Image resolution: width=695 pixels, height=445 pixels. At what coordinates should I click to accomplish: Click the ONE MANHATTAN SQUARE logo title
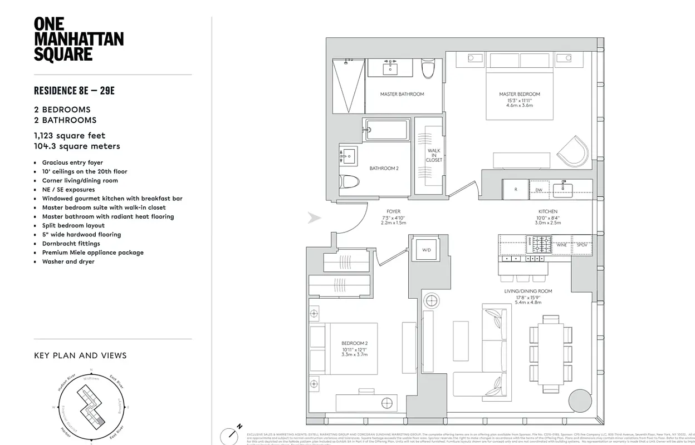tap(79, 39)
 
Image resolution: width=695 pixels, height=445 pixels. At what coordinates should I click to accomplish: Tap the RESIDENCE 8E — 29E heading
tap(74, 91)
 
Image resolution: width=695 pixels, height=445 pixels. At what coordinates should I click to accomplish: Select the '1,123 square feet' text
tap(70, 135)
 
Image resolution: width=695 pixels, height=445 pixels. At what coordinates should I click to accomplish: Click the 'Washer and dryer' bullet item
tap(68, 261)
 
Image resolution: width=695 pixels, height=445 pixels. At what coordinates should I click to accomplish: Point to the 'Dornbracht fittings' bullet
tap(71, 243)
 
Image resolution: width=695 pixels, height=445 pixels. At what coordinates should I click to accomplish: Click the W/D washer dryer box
tap(426, 250)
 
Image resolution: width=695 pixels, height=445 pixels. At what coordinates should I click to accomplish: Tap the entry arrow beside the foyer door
tap(315, 218)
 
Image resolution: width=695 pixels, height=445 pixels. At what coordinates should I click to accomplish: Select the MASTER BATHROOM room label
tap(402, 94)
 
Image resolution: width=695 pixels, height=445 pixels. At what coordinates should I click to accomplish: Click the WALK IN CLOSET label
tap(434, 155)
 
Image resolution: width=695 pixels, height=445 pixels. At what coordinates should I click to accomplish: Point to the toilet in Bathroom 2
tap(350, 181)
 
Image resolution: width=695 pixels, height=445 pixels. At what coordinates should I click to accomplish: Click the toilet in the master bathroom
tap(428, 70)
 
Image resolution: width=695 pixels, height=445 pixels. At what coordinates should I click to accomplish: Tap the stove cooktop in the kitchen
tap(539, 244)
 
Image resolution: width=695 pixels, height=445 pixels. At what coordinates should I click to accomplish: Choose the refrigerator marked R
tap(516, 190)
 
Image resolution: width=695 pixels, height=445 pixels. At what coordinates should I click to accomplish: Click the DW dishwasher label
tap(539, 190)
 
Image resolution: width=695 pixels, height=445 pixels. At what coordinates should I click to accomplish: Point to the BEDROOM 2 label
tap(355, 343)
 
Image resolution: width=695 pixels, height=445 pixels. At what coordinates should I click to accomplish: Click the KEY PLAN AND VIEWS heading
tap(80, 355)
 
